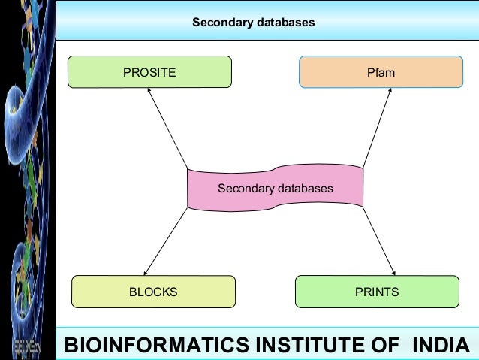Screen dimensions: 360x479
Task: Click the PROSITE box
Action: pyautogui.click(x=149, y=72)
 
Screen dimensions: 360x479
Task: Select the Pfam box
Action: pyautogui.click(x=381, y=72)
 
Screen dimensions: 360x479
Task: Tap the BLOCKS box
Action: pyautogui.click(x=153, y=292)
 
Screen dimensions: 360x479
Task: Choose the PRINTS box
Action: pyautogui.click(x=377, y=292)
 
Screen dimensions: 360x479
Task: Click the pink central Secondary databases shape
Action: pyautogui.click(x=276, y=188)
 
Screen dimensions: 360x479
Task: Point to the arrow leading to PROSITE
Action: pyautogui.click(x=167, y=128)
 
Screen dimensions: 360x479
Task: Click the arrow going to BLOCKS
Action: pyautogui.click(x=165, y=241)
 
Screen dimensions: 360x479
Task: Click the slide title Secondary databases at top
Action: pyautogui.click(x=253, y=23)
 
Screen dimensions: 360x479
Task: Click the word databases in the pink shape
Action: pyautogui.click(x=306, y=188)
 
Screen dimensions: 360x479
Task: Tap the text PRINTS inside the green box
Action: pyautogui.click(x=377, y=292)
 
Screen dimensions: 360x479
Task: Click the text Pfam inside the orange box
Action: pyautogui.click(x=381, y=73)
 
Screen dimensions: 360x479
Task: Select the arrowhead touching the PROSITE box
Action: pyautogui.click(x=149, y=92)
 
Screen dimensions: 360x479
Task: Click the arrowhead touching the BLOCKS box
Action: pyautogui.click(x=146, y=271)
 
